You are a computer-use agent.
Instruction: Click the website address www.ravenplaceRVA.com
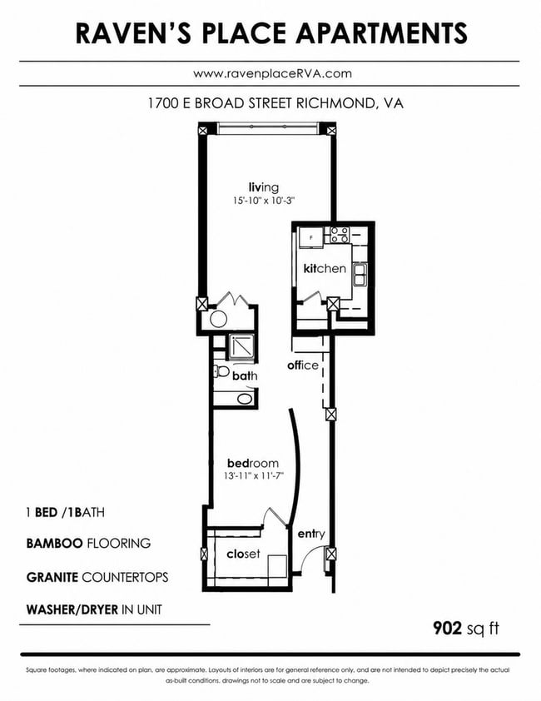coord(272,73)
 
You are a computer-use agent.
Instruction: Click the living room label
coord(264,186)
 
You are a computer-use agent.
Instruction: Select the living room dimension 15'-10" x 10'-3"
coord(263,201)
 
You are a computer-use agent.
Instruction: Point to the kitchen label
coord(325,268)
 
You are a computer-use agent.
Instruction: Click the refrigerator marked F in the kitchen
coord(310,237)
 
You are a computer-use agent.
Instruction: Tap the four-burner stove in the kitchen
coord(339,235)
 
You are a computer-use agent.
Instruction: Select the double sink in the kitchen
coord(360,275)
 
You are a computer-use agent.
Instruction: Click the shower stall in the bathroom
coord(241,347)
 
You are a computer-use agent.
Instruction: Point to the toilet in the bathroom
coord(221,371)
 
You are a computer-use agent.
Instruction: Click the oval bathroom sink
coord(245,398)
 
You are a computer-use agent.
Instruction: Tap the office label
coord(303,365)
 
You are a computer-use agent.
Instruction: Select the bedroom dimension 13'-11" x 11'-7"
coord(254,476)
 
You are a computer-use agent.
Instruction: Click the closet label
coord(243,554)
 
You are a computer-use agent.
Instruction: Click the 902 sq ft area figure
coord(466,628)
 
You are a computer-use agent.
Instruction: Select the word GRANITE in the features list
coord(52,577)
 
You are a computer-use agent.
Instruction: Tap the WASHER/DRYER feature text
coord(72,609)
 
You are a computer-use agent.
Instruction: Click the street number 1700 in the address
coord(163,104)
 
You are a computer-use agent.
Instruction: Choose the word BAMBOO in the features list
coord(55,543)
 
